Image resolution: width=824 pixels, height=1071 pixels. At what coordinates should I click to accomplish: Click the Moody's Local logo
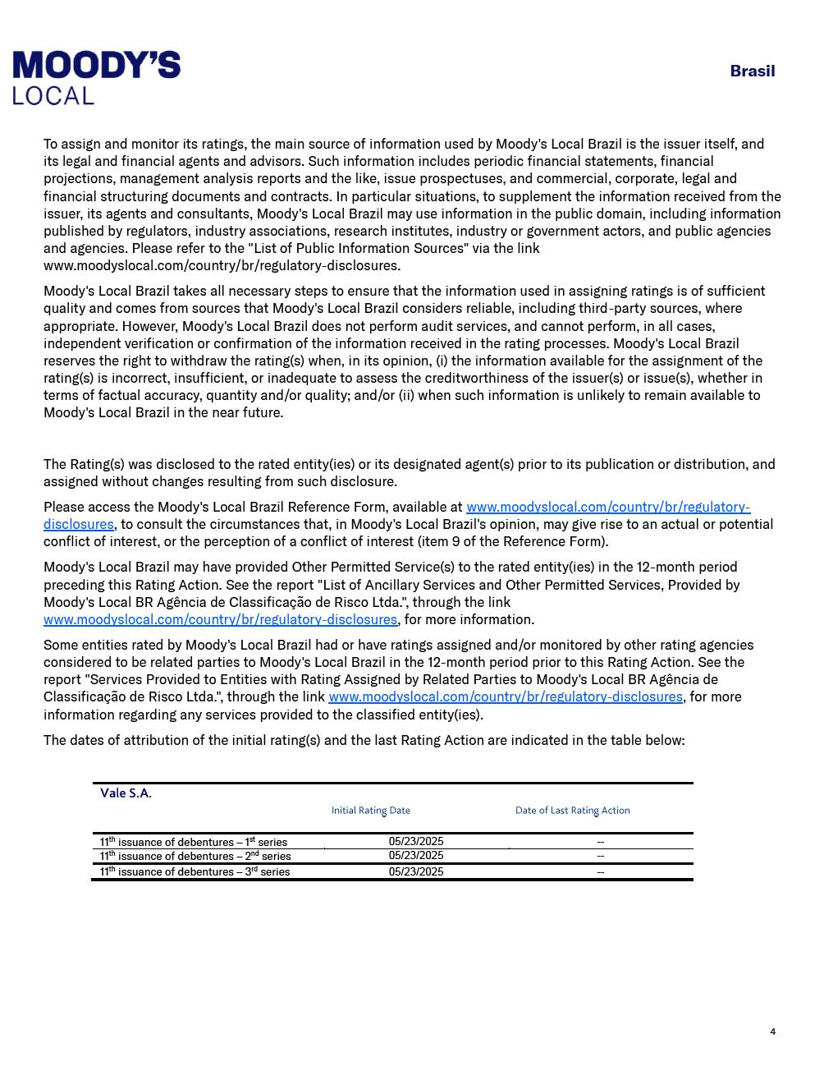point(96,77)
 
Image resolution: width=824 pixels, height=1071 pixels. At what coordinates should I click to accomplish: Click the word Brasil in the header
point(752,71)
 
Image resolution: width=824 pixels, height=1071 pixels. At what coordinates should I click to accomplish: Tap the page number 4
point(772,1032)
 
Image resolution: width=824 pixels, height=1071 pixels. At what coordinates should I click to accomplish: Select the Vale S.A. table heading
point(126,793)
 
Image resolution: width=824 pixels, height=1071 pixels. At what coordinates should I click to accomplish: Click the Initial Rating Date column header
point(370,810)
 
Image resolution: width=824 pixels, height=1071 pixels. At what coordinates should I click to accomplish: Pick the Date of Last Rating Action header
point(572,810)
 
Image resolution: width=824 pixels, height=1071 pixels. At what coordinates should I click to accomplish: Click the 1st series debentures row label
point(194,842)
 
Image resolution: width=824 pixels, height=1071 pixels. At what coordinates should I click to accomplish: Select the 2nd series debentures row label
point(195,856)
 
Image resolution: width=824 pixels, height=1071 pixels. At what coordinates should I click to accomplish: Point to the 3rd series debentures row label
point(195,871)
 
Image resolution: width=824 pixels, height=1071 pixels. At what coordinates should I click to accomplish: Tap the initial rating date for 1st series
point(416,841)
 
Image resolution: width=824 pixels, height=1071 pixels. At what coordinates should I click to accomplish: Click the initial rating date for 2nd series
point(416,856)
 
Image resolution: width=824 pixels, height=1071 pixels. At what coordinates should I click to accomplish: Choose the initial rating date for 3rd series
point(416,871)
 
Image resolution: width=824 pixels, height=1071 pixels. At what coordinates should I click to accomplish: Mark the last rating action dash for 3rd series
point(601,872)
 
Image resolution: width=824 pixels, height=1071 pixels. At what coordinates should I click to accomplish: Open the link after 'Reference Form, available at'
point(607,507)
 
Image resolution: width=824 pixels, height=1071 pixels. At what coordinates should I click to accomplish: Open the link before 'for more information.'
point(220,619)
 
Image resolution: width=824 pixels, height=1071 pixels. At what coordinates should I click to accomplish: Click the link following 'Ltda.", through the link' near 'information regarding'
point(505,696)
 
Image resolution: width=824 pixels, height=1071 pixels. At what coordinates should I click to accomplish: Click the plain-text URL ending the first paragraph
point(222,265)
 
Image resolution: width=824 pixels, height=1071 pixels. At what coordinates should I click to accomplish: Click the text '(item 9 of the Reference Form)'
point(513,541)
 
